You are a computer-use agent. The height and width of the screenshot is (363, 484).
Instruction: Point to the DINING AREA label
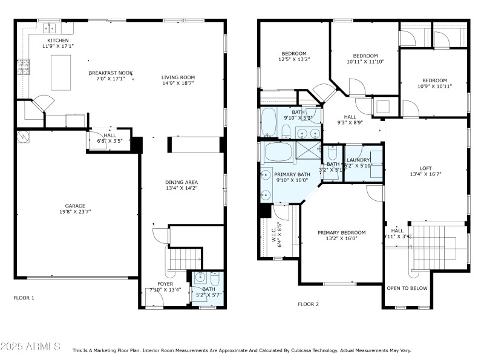pos(181,182)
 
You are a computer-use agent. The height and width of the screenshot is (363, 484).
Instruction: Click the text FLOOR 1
pos(24,298)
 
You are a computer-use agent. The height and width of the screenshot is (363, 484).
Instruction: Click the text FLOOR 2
pos(308,304)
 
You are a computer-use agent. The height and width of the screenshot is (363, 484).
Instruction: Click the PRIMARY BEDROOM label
pos(342,232)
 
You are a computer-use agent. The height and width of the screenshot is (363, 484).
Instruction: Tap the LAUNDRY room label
pos(358,160)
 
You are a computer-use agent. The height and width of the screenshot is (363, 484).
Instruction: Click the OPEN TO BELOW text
pos(407,289)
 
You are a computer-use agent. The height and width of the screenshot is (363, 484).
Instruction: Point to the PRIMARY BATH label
pos(293,174)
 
